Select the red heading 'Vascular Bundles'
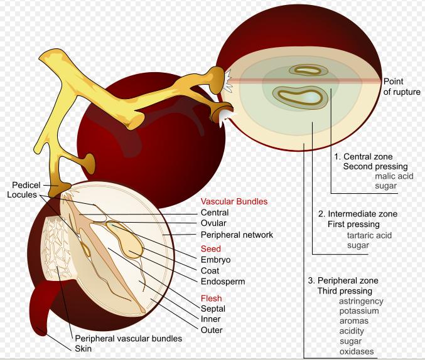coord(234,202)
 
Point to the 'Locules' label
coord(26,194)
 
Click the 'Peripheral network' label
coord(237,235)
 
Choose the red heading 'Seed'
coord(210,249)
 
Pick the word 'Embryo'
coord(215,260)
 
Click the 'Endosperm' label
coord(222,282)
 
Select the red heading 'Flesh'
coord(211,298)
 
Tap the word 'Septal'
coord(213,309)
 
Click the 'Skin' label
coord(83,348)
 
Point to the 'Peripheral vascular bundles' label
coord(128,338)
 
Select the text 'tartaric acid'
coord(369,235)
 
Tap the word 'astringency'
coord(361,301)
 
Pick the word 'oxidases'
coord(356,351)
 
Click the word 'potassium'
coord(359,311)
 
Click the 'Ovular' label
coord(213,223)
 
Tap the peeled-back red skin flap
coord(46,307)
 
